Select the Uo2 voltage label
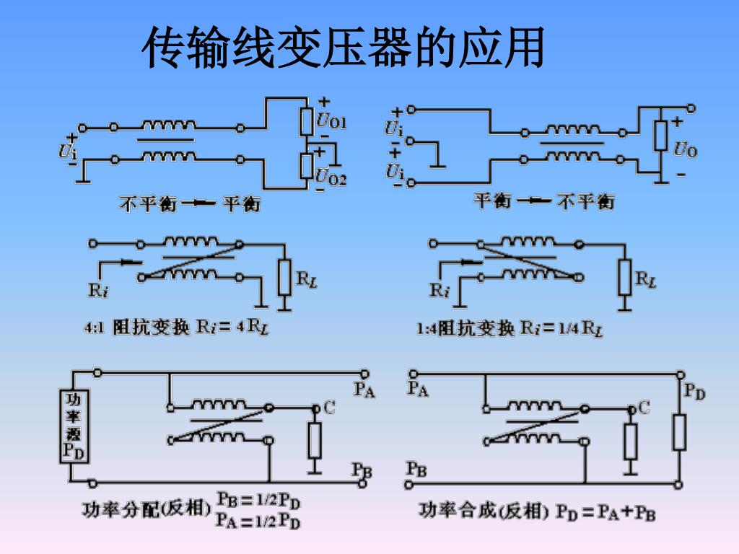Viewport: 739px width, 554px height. pyautogui.click(x=331, y=175)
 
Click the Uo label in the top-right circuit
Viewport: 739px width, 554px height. pyautogui.click(x=685, y=150)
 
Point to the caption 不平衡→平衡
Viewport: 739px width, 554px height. pyautogui.click(x=189, y=204)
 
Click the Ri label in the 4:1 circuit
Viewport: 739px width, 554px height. pyautogui.click(x=98, y=291)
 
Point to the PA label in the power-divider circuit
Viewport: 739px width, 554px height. pyautogui.click(x=364, y=390)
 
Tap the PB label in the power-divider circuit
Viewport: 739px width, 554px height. pyautogui.click(x=362, y=470)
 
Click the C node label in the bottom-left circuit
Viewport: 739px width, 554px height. pyautogui.click(x=329, y=408)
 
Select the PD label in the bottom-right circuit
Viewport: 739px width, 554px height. pyautogui.click(x=694, y=392)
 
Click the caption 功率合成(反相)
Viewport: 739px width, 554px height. pyautogui.click(x=481, y=511)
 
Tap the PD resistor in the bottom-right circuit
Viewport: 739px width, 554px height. pyautogui.click(x=678, y=433)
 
